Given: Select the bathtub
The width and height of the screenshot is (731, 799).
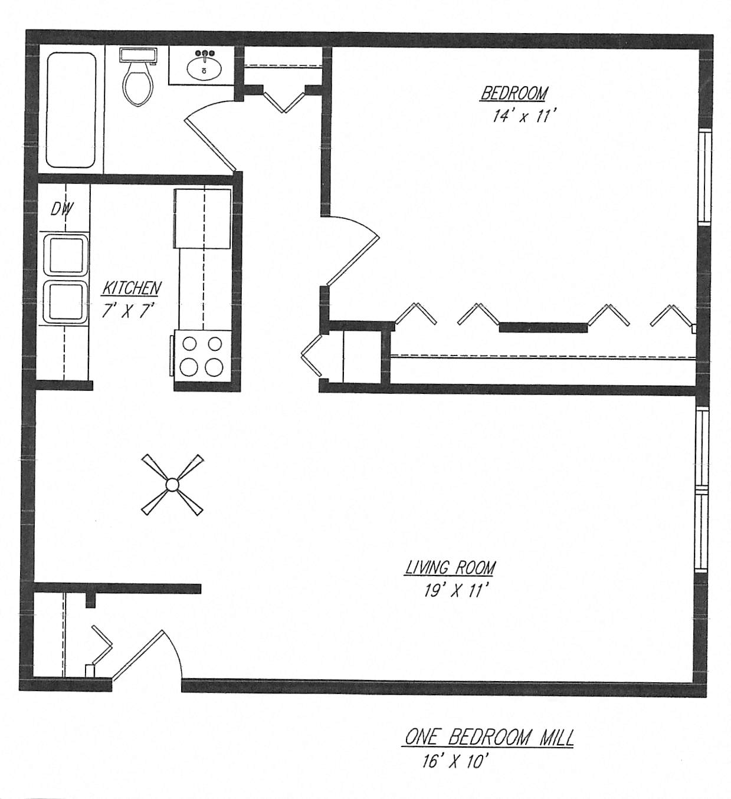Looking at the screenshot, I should [x=71, y=110].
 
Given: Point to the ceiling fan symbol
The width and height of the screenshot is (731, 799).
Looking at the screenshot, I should [x=172, y=485].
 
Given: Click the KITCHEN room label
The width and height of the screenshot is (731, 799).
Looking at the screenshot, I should [x=132, y=288].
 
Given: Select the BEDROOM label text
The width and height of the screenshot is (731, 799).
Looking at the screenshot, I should [x=514, y=93].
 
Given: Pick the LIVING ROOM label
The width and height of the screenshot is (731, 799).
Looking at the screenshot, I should [x=450, y=568].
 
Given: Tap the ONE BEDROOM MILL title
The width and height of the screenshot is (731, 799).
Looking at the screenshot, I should [x=489, y=738].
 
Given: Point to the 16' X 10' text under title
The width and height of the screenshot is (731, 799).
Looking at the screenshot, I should [x=455, y=761].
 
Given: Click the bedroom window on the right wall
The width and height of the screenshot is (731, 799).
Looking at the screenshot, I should [x=704, y=176].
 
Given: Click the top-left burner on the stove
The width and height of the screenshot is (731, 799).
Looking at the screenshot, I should [x=189, y=343].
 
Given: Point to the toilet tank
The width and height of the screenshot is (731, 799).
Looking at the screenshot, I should [x=138, y=55].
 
